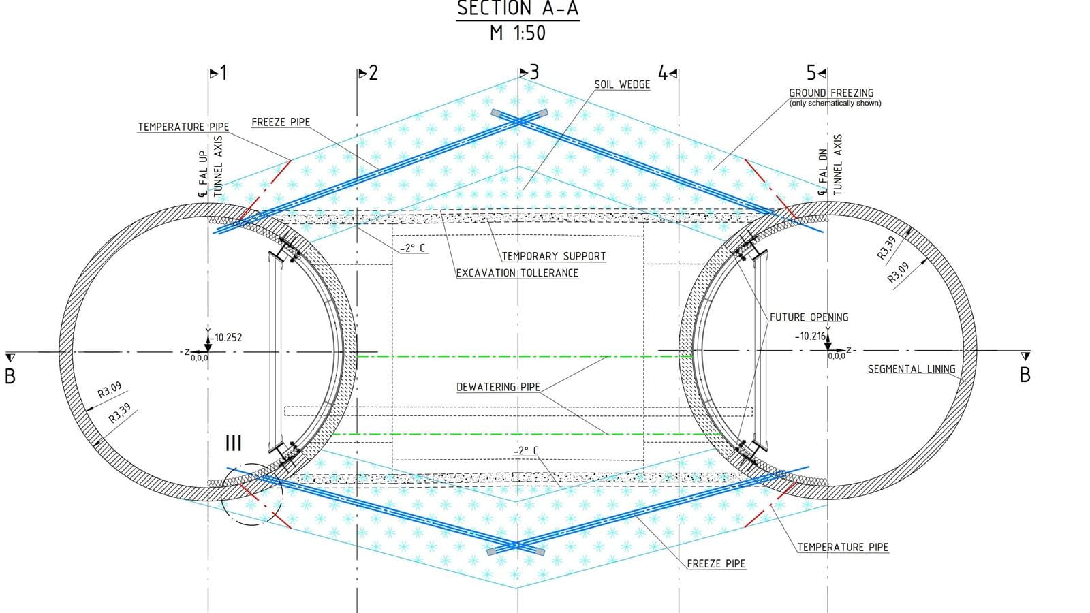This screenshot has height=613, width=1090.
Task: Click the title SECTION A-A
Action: (x=518, y=8)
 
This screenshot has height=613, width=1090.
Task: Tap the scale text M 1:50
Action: (x=518, y=33)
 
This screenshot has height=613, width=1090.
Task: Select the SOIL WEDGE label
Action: (x=622, y=84)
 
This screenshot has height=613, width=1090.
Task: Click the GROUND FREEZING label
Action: (x=831, y=93)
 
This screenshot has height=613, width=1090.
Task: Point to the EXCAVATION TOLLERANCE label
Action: (x=517, y=273)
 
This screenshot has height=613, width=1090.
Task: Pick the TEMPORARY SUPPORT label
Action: (x=554, y=256)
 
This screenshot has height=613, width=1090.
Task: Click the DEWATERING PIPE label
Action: (x=498, y=388)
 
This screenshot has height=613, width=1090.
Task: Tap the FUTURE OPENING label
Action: (x=809, y=317)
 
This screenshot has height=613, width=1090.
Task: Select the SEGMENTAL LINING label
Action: (x=912, y=369)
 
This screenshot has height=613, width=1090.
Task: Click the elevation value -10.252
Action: (x=227, y=338)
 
